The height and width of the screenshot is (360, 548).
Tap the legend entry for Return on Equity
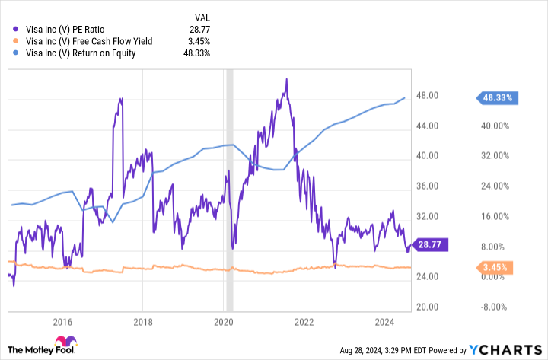pyautogui.click(x=81, y=53)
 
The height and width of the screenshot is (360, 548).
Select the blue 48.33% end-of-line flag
pyautogui.click(x=498, y=97)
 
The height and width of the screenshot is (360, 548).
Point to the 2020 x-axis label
pyautogui.click(x=223, y=321)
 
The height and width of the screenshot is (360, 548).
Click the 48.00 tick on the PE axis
pyautogui.click(x=425, y=95)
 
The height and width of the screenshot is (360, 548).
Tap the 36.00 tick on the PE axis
pyautogui.click(x=425, y=186)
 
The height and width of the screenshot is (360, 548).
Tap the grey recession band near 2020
pyautogui.click(x=231, y=190)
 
